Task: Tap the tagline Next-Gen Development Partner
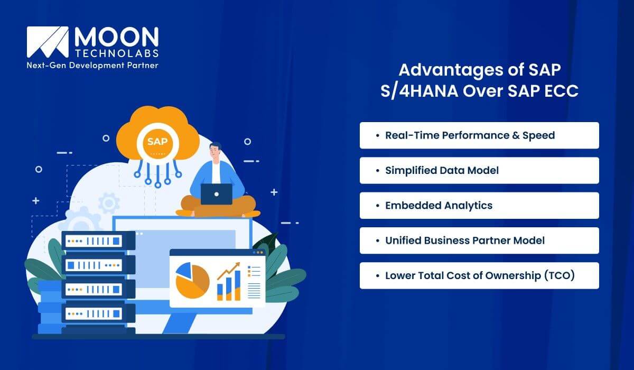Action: (x=92, y=65)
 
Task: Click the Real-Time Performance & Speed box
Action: (x=479, y=135)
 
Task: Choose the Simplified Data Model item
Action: (x=479, y=170)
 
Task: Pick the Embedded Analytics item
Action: (x=479, y=206)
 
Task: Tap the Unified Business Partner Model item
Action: (x=479, y=240)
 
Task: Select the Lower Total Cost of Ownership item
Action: (x=479, y=275)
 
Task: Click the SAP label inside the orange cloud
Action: (x=157, y=142)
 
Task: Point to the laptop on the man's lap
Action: (x=216, y=194)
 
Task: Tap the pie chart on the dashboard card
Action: (x=192, y=279)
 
